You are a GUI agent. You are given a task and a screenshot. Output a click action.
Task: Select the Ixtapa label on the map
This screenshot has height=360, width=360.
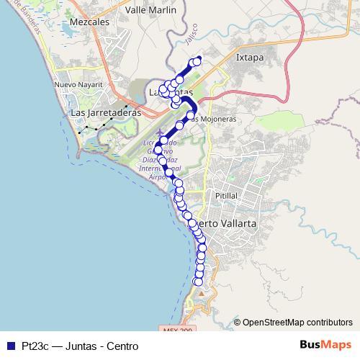tap(251, 55)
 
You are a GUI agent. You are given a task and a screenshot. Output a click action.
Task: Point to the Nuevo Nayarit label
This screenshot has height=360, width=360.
tap(75, 85)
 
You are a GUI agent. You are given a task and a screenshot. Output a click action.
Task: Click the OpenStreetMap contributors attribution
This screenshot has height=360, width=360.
tap(297, 322)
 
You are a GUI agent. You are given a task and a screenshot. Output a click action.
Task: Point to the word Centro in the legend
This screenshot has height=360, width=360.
tap(122, 346)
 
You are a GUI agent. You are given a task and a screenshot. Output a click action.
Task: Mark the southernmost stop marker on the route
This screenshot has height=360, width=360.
tap(199, 282)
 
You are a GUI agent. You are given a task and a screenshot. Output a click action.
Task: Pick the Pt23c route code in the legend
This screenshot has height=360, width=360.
tap(35, 346)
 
